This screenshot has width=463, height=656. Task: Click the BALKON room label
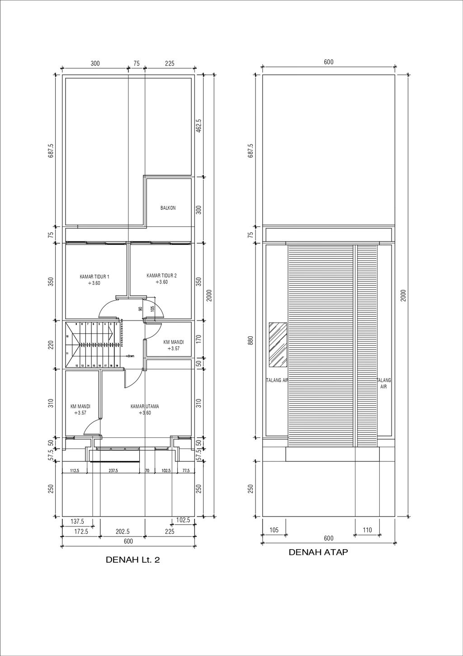168,208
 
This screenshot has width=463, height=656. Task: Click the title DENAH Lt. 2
132,560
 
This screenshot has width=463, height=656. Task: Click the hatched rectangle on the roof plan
278,345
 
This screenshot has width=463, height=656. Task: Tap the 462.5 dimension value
198,126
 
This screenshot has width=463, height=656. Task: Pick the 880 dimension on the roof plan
251,340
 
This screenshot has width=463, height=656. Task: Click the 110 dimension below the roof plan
367,530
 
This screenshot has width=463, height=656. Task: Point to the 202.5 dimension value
122,532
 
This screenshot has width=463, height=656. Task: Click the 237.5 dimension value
113,471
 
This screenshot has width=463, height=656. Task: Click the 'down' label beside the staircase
130,356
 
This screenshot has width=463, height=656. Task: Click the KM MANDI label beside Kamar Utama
80,409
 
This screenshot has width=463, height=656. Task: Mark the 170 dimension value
198,339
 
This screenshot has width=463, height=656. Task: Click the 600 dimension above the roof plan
328,62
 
